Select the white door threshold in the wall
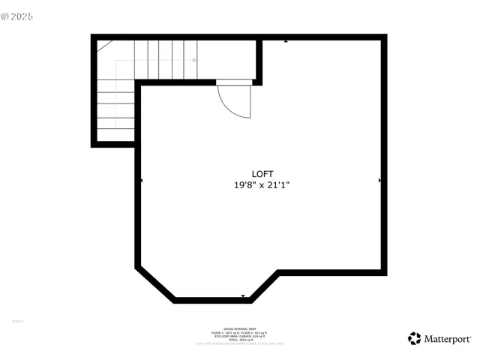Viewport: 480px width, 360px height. (232, 82)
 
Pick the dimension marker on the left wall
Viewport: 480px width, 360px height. (142, 181)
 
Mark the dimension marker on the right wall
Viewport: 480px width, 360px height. (380, 181)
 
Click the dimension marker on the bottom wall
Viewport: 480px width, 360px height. (243, 296)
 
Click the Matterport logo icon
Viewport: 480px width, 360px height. (415, 338)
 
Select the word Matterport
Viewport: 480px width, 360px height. (448, 338)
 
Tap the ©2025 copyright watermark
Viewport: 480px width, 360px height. (19, 14)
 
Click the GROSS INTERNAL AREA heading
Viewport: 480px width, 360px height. (239, 328)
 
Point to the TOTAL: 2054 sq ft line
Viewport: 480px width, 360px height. (239, 340)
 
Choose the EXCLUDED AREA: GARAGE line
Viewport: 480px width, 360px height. (239, 336)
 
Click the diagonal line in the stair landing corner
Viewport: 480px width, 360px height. (104, 46)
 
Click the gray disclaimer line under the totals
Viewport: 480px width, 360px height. (239, 344)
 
